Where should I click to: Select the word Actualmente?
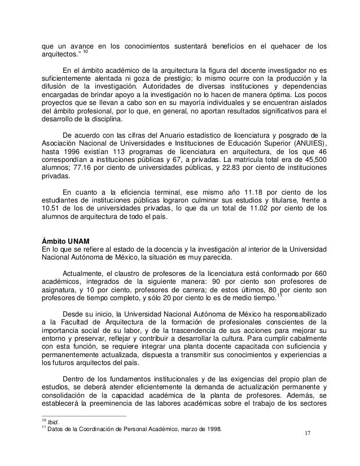[x=86, y=272]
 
